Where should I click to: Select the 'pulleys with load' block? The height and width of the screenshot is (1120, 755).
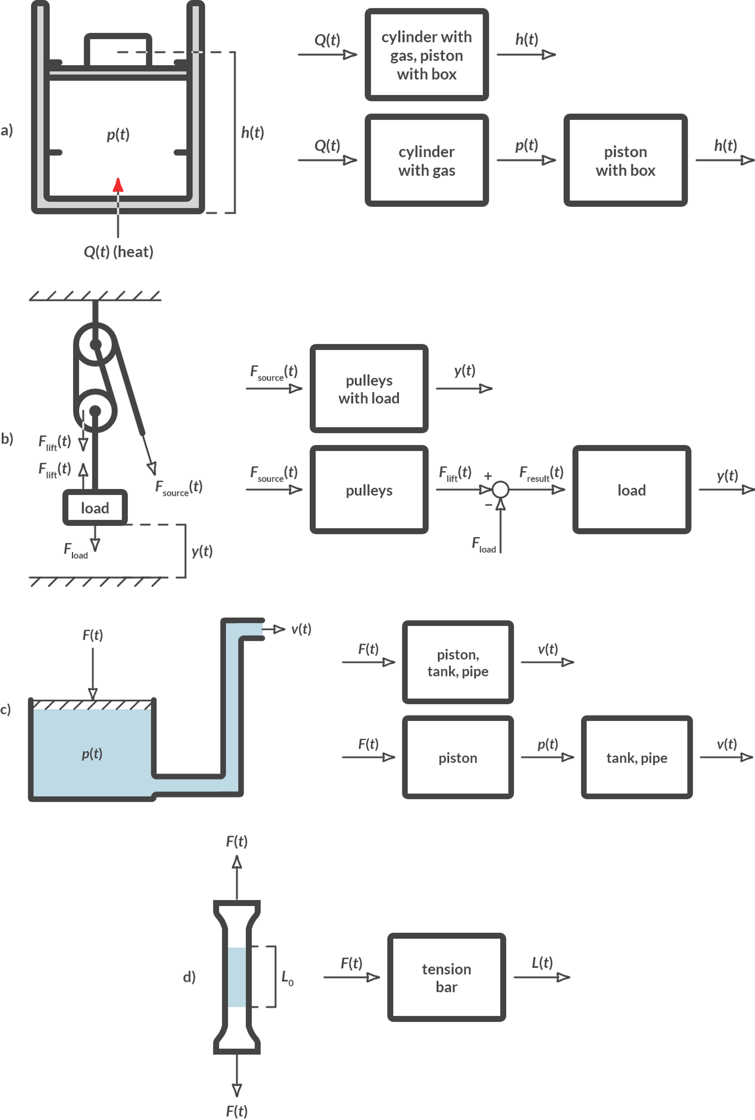pyautogui.click(x=369, y=389)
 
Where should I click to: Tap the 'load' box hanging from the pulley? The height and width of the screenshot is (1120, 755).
pyautogui.click(x=95, y=508)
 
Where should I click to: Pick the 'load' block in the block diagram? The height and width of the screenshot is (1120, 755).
pyautogui.click(x=631, y=490)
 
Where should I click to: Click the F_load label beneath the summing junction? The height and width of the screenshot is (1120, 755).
pyautogui.click(x=483, y=545)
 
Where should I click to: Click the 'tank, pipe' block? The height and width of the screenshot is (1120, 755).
pyautogui.click(x=637, y=758)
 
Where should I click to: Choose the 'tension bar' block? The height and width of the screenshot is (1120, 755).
pyautogui.click(x=446, y=977)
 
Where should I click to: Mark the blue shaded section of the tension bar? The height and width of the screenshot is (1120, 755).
pyautogui.click(x=237, y=977)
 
